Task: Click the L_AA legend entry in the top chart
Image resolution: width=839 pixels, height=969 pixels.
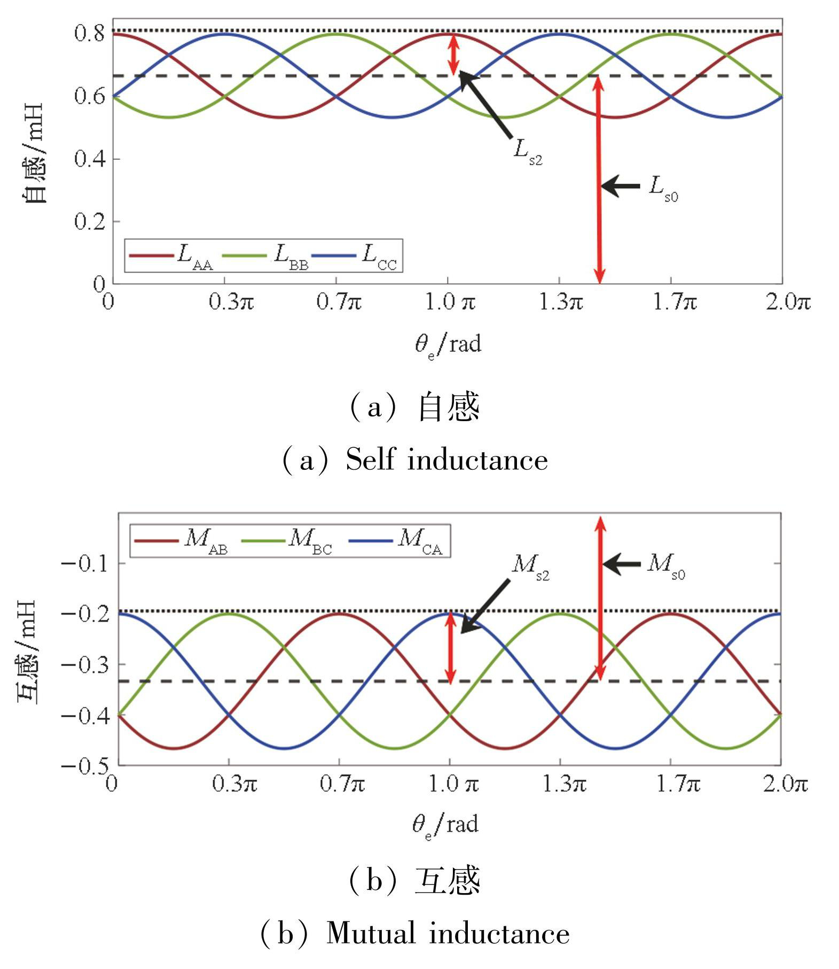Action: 171,256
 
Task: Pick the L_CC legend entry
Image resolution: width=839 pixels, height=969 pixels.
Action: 355,256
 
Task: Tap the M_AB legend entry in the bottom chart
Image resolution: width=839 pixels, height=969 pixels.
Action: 181,541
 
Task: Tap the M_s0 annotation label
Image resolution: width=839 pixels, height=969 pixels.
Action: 665,566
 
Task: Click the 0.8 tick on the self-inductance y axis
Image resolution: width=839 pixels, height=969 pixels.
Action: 89,34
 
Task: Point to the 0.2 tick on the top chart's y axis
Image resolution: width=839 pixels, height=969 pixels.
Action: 89,221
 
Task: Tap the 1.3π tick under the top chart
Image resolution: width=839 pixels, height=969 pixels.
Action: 560,303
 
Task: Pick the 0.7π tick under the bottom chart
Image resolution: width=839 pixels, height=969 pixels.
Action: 342,784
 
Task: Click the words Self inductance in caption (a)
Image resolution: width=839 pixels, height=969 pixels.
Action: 446,460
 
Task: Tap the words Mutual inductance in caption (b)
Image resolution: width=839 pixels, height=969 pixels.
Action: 448,933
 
